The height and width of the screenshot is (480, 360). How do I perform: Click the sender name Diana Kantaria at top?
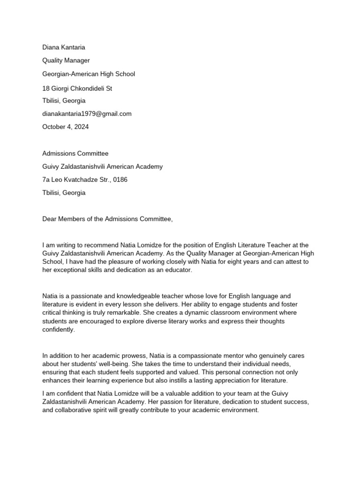point(64,47)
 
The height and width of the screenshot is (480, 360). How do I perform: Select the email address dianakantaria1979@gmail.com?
point(87,113)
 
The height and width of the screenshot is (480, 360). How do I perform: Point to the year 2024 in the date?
point(81,127)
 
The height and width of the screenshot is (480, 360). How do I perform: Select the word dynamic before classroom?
point(127,313)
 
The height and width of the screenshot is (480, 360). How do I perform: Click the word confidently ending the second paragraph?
point(58,330)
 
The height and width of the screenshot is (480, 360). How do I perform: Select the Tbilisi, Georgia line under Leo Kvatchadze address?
point(64,193)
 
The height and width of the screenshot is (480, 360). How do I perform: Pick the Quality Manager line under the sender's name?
point(66,60)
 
